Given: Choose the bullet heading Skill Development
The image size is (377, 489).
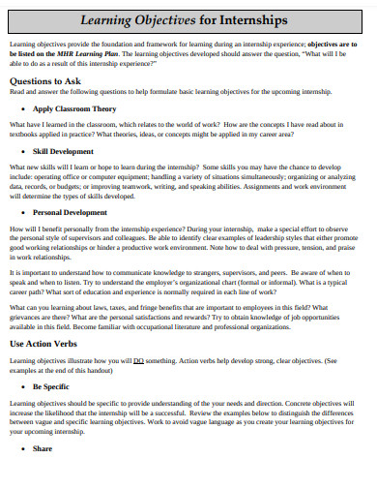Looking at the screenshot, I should click(x=63, y=152).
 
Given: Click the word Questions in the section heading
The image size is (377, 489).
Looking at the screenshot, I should click(x=30, y=80).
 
